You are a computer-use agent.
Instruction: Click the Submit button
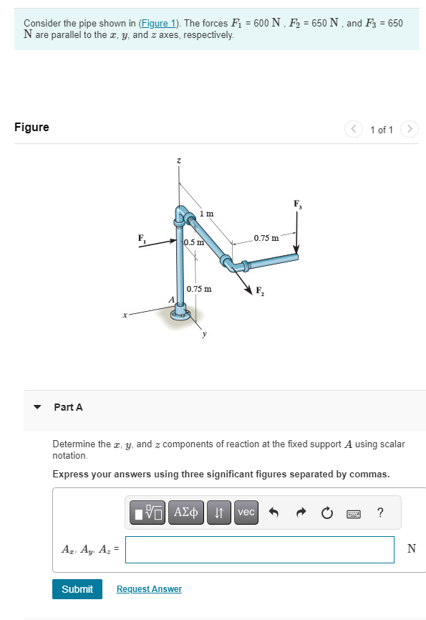pos(77,588)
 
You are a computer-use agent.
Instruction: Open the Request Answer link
pos(149,589)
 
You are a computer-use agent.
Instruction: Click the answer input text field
pos(259,550)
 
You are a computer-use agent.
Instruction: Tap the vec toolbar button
pos(246,512)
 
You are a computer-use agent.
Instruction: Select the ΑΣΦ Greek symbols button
pos(188,512)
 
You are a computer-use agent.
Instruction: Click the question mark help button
pos(380,512)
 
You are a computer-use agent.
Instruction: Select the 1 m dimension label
pos(206,214)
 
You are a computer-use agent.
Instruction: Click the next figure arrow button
pos(409,130)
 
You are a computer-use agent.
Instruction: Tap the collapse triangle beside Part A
pos(37,407)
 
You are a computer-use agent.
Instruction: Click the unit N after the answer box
pos(411,549)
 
